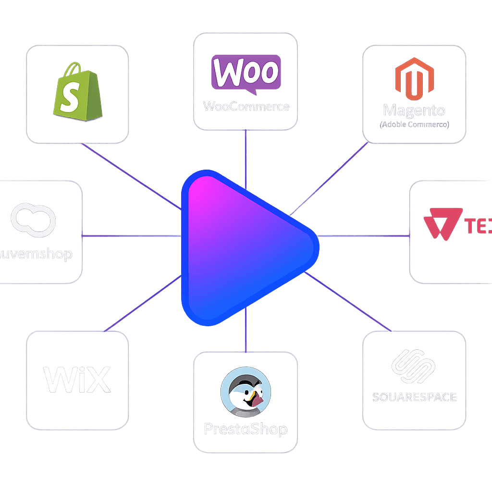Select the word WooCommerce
[246, 106]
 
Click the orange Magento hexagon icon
[414, 78]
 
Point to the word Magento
[414, 110]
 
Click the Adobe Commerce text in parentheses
[414, 124]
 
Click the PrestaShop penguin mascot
[246, 392]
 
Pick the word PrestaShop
[246, 429]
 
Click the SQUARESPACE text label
[414, 397]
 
